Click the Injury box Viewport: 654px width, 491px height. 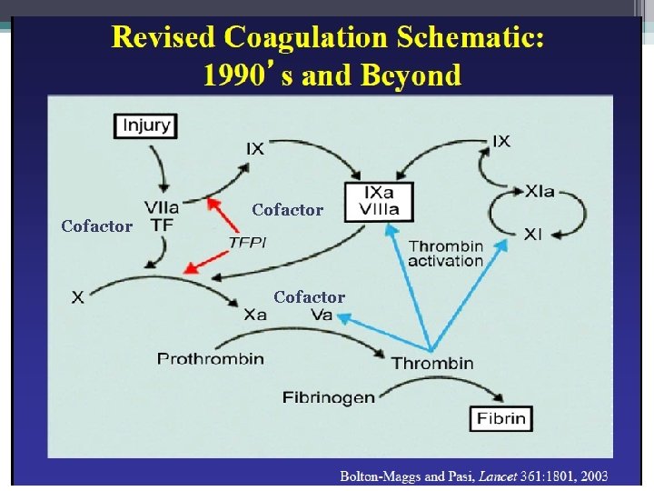[x=145, y=125]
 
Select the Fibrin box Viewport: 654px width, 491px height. [x=500, y=418]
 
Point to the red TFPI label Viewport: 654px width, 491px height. [x=247, y=242]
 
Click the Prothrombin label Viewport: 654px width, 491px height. [x=211, y=358]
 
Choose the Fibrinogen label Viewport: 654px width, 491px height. [x=303, y=397]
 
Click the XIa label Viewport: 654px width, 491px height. [x=540, y=192]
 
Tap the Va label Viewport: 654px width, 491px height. [x=322, y=315]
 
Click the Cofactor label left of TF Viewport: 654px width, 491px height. [x=96, y=226]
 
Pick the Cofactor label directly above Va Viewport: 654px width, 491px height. [x=309, y=297]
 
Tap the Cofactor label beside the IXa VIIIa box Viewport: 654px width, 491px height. [x=287, y=210]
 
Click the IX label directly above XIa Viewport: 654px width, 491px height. [x=500, y=141]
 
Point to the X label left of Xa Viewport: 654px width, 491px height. [x=79, y=297]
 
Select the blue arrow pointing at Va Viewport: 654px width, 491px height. [x=381, y=331]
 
